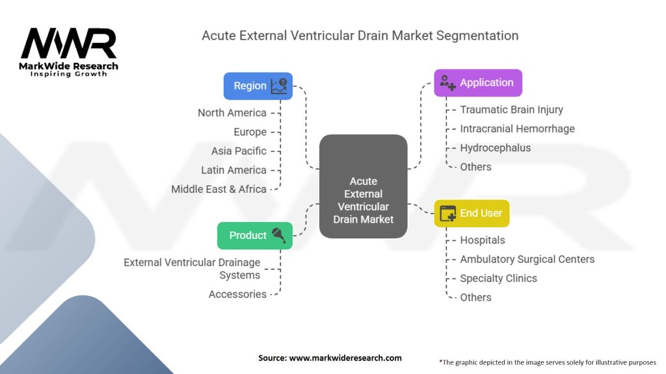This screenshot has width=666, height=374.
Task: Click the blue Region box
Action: point(258,86)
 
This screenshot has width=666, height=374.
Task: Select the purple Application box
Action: point(478,82)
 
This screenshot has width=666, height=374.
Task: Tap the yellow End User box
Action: point(472,213)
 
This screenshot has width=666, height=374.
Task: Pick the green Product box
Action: point(255,235)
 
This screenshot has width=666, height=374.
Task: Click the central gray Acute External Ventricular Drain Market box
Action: point(363,186)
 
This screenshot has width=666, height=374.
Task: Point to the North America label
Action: point(232,113)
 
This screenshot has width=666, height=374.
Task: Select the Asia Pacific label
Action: point(239,151)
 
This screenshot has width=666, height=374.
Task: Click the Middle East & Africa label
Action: point(219,189)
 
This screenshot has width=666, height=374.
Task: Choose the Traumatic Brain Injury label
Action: point(511,109)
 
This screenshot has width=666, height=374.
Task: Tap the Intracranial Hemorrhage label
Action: point(517,129)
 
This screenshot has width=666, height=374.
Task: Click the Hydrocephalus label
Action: point(495,148)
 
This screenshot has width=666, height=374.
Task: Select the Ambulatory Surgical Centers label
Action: point(527,259)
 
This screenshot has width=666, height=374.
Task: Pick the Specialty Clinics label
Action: point(499,278)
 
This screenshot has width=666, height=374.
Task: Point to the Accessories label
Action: point(237,294)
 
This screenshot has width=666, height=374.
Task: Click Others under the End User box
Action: point(475,297)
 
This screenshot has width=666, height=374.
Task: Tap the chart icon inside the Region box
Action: point(279,86)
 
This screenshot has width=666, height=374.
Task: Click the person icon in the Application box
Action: point(447,82)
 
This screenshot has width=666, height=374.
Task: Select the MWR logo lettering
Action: point(68,44)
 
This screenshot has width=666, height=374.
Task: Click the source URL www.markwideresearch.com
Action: point(345,358)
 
